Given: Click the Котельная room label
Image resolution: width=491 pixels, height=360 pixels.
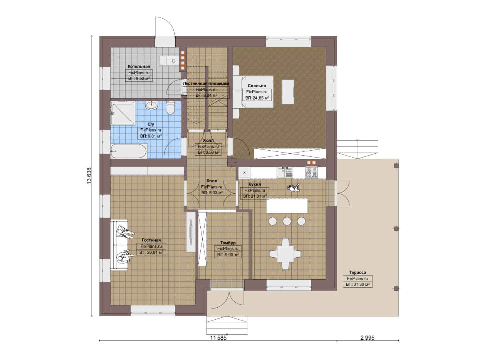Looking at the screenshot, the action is [139, 66].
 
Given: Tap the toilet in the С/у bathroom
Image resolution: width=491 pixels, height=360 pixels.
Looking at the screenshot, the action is [170, 107].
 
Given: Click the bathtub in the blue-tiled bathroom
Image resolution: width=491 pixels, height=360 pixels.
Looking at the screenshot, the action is [129, 151].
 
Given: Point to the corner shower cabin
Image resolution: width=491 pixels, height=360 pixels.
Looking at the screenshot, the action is [123, 113].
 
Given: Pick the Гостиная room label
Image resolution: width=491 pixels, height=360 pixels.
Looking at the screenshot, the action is [151, 240].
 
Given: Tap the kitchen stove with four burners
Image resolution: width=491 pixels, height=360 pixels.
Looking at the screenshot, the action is [311, 172].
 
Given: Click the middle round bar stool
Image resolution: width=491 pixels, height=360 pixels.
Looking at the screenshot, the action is [287, 221].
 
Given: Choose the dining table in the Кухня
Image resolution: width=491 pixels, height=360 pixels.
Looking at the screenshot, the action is [285, 254].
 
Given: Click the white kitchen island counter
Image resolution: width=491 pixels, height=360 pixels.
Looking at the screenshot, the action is [287, 205].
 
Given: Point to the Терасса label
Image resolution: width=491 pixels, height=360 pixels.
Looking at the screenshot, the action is [357, 272].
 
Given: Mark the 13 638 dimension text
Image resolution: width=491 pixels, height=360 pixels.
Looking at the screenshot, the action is [89, 176].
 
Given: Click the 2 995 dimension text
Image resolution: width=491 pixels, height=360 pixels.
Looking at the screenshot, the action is [368, 338].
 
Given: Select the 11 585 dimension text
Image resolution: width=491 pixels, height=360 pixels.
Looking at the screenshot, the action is [218, 338].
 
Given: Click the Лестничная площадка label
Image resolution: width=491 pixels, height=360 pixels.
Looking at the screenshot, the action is [206, 83].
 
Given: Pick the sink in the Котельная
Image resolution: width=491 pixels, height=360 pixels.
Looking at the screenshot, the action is [169, 61].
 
